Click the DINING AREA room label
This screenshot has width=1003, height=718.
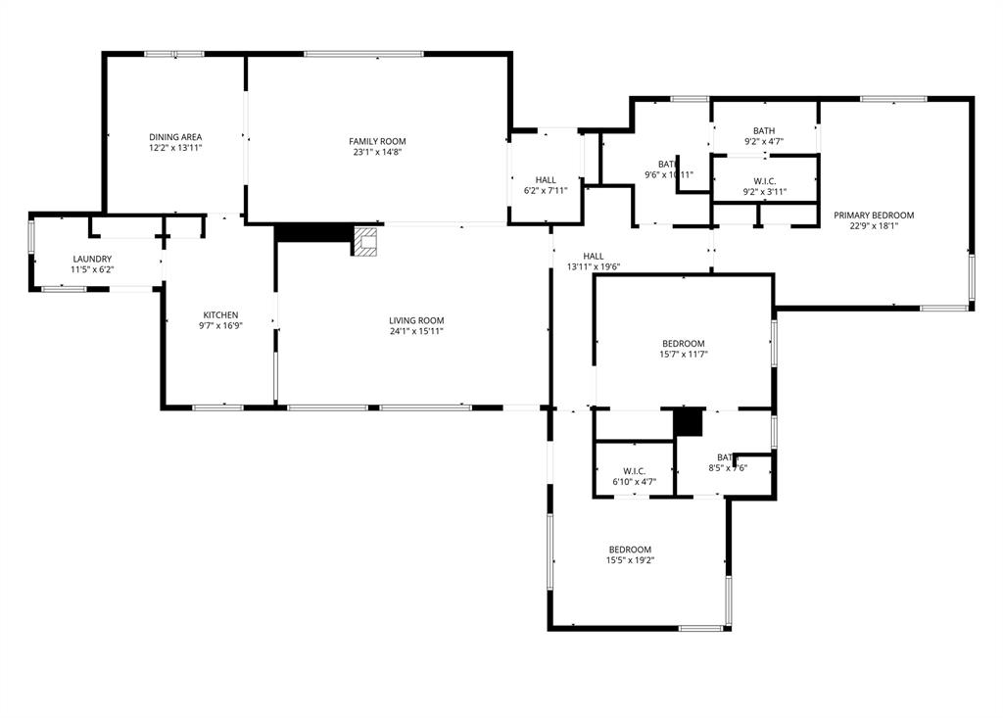[x=175, y=137]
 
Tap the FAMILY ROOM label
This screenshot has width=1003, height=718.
[x=377, y=141]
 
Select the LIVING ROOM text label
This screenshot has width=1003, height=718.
[x=416, y=320]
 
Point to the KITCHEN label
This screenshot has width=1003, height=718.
[x=220, y=315]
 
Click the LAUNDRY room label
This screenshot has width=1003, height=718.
[x=91, y=259]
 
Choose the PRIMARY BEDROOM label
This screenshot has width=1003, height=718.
[x=874, y=215]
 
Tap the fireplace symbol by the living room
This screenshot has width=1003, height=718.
[x=365, y=241]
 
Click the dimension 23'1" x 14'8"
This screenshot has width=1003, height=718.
[x=377, y=152]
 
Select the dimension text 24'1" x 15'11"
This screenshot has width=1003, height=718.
[x=416, y=331]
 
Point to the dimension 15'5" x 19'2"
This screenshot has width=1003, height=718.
[x=629, y=560]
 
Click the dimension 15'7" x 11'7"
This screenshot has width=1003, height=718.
[x=683, y=354]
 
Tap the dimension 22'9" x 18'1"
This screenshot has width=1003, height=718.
[x=874, y=225]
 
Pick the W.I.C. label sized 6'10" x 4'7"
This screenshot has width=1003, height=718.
[x=634, y=471]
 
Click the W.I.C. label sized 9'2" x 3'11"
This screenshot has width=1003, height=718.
[x=764, y=181]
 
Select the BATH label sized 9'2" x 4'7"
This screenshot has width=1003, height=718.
[x=764, y=130]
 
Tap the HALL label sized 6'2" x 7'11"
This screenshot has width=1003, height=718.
[x=546, y=180]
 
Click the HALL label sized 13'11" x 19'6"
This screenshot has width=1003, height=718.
[x=594, y=256]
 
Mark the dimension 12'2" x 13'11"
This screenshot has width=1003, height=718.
[x=175, y=148]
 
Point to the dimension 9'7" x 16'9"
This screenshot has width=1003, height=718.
[x=220, y=326]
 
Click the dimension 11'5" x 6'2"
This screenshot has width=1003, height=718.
[x=91, y=269]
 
